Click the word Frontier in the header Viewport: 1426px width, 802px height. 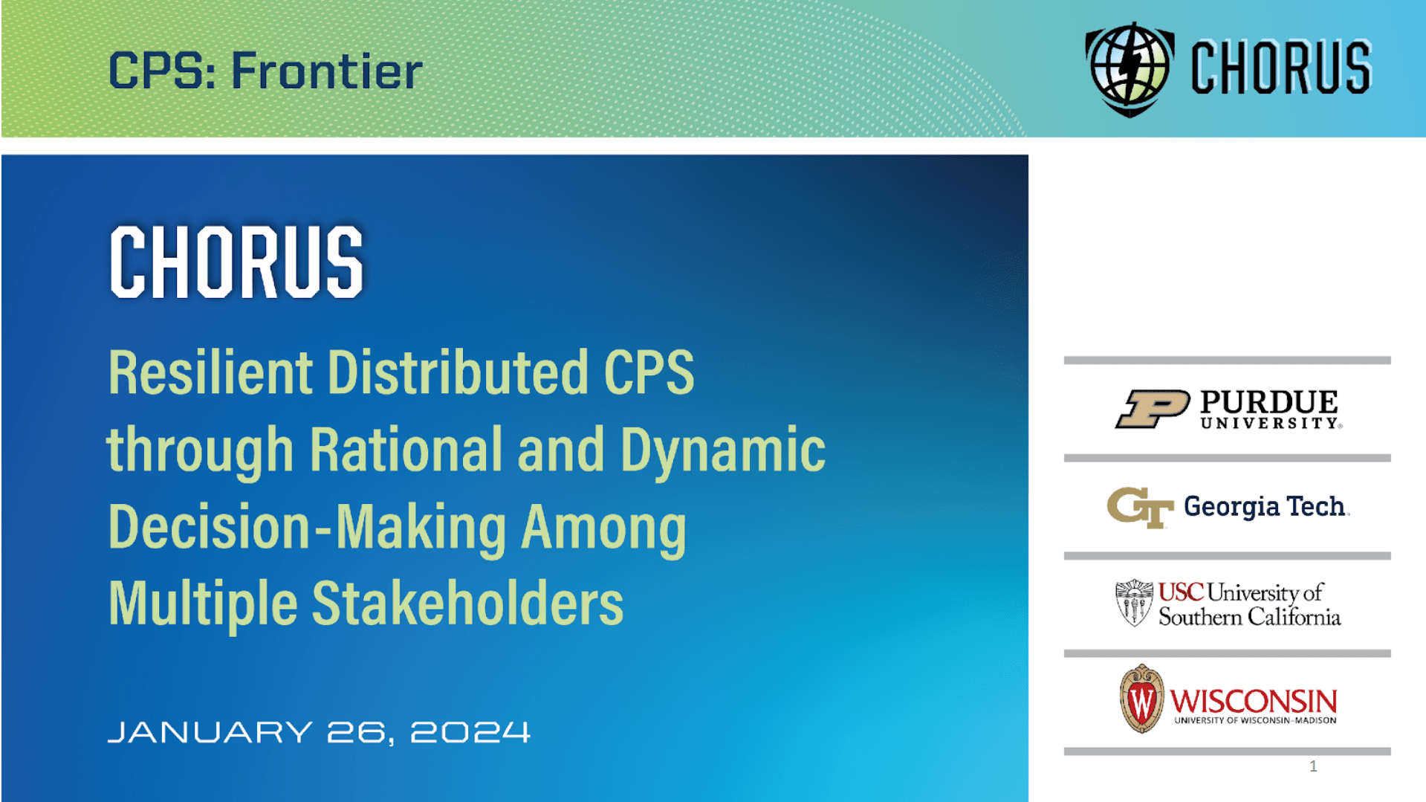coord(327,71)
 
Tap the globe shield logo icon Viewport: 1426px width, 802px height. coord(1130,68)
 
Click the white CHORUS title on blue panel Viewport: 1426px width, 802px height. coord(236,262)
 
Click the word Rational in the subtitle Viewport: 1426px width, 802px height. coord(406,450)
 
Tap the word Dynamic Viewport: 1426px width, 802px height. coord(722,450)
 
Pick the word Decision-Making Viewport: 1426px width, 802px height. coord(307,527)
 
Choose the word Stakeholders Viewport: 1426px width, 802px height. coord(467,604)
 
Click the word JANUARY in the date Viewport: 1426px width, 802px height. coord(210,732)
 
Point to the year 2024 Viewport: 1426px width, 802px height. coord(470,732)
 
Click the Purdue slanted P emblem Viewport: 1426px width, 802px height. coord(1153,409)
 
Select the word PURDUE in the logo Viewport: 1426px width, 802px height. coord(1268,402)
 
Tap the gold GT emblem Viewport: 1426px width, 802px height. coord(1140,507)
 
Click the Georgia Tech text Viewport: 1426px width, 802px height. coord(1265,506)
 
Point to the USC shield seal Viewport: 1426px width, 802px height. coord(1134,602)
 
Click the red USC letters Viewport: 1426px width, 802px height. coord(1181,592)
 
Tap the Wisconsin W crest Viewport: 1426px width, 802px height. coord(1141,699)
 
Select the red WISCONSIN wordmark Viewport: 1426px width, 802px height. coord(1254,701)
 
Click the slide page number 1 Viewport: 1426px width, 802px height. coord(1313,766)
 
